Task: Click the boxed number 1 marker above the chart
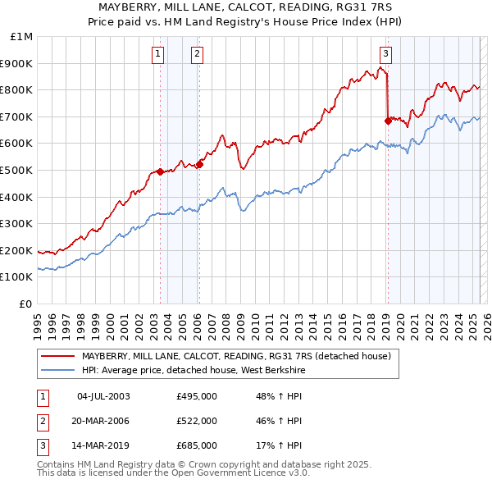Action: coord(157,55)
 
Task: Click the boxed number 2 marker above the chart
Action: coord(198,55)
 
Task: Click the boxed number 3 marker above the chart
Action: coord(385,55)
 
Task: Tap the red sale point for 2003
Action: coord(160,171)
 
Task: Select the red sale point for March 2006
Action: coord(199,164)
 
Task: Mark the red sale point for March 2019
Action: coord(387,121)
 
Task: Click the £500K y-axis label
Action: coord(17,170)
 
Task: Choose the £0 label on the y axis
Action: coord(25,304)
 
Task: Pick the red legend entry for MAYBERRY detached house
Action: coord(238,356)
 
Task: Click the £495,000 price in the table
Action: coord(197,396)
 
